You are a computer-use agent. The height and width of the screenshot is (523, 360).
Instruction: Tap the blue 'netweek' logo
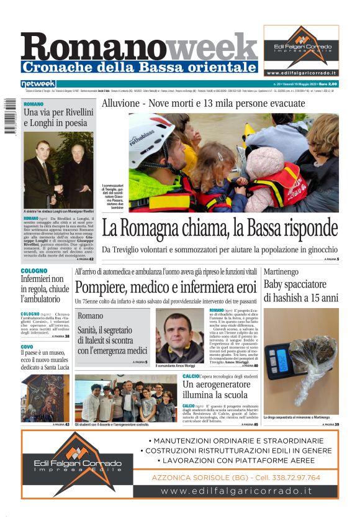pyautogui.click(x=38, y=83)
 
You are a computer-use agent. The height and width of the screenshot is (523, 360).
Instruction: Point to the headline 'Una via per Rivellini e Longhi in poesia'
pyautogui.click(x=58, y=117)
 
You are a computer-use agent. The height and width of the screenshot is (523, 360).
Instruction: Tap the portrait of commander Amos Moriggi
pyautogui.click(x=180, y=335)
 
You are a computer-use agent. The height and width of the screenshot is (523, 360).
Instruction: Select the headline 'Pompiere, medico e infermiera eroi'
pyautogui.click(x=165, y=288)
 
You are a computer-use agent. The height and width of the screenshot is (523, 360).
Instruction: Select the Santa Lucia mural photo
pyautogui.click(x=45, y=398)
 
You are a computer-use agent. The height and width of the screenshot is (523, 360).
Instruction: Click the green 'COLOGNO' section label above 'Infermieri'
pyautogui.click(x=34, y=271)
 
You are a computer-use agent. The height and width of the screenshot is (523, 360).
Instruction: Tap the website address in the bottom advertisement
pyautogui.click(x=236, y=491)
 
